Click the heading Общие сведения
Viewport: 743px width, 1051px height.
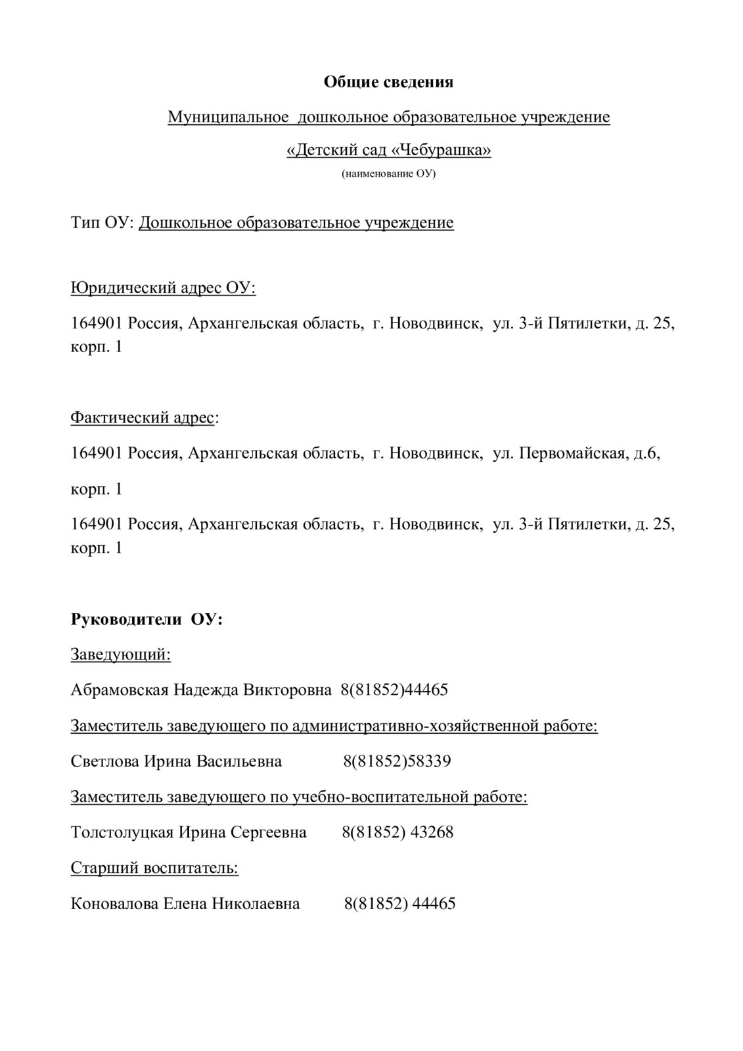point(389,82)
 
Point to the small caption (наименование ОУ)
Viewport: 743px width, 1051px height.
point(388,174)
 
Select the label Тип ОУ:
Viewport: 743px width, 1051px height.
point(102,223)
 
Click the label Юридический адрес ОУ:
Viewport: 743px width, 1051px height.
point(163,288)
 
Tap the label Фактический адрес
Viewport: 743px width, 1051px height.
point(142,418)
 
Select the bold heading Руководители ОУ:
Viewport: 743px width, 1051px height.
point(146,619)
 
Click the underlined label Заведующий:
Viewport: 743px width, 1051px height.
point(120,655)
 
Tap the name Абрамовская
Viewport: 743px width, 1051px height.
point(119,690)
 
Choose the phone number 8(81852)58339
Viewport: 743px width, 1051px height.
point(397,761)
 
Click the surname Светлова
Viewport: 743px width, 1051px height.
point(104,761)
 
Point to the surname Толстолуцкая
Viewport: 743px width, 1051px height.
point(122,832)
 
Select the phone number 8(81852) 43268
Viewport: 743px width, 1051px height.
point(397,832)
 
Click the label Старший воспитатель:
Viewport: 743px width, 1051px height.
point(154,868)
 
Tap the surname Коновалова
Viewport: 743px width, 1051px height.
point(114,904)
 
